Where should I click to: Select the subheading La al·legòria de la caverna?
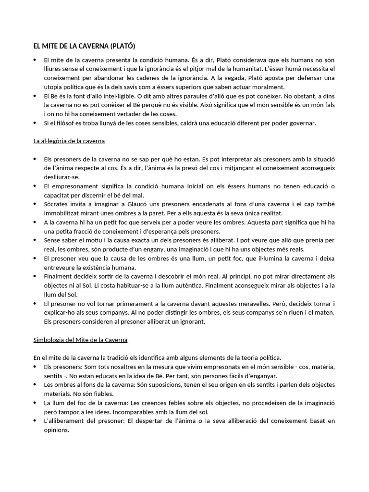[69, 141]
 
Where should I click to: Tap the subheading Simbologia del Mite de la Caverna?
[80, 340]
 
